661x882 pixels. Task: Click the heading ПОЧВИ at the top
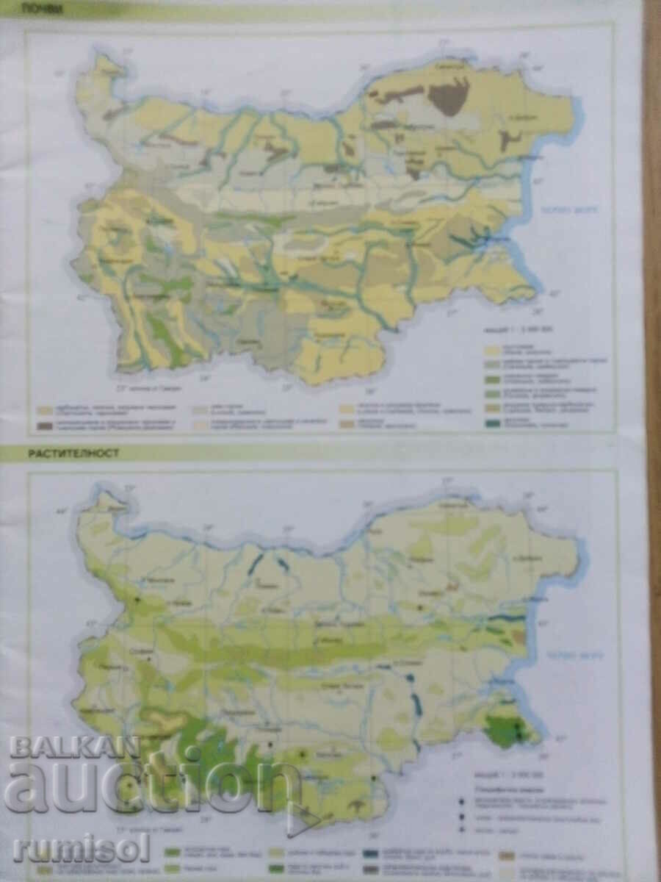43,10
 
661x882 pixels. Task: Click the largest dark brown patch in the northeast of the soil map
449,97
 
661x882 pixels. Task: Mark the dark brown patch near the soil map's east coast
507,140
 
